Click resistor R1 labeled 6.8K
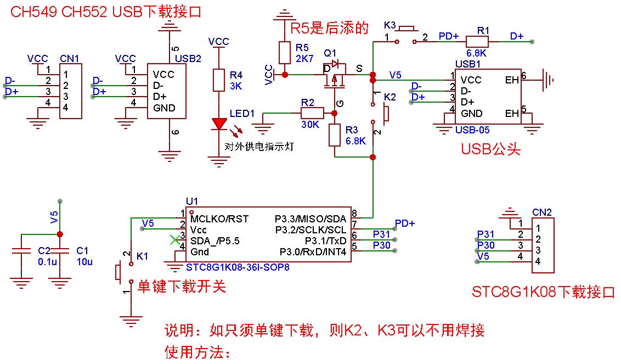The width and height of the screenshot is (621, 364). tap(476, 41)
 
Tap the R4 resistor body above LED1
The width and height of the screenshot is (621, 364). tap(219, 80)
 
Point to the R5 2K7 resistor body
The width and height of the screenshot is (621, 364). tap(284, 53)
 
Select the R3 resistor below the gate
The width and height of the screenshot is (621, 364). tap(335, 135)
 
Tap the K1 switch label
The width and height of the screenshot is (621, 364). tap(142, 256)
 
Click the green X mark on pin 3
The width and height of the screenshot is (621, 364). tap(174, 240)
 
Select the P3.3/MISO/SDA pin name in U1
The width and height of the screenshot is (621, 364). tap(310, 219)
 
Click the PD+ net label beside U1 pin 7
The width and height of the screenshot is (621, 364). tap(405, 223)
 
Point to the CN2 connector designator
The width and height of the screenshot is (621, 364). tap(541, 212)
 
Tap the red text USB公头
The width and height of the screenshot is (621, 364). tap(490, 149)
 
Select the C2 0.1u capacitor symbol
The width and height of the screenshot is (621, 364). tap(22, 254)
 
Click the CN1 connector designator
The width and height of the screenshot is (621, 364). tap(69, 58)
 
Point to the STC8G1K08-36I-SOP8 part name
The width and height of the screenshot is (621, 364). tap(237, 267)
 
